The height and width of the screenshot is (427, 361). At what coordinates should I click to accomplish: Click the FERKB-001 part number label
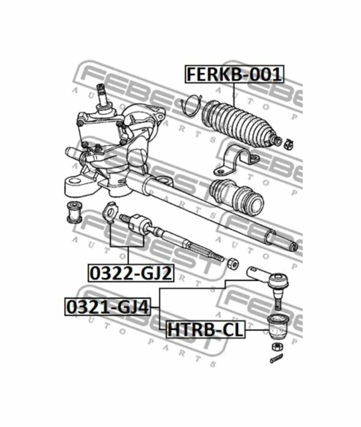234,74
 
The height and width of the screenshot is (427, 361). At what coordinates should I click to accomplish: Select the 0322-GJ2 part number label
131,273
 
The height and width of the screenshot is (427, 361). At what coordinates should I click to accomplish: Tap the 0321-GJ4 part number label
108,307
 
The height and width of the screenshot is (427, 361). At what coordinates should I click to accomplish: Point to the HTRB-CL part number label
206,329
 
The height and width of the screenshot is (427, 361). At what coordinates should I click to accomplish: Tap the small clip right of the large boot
289,144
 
